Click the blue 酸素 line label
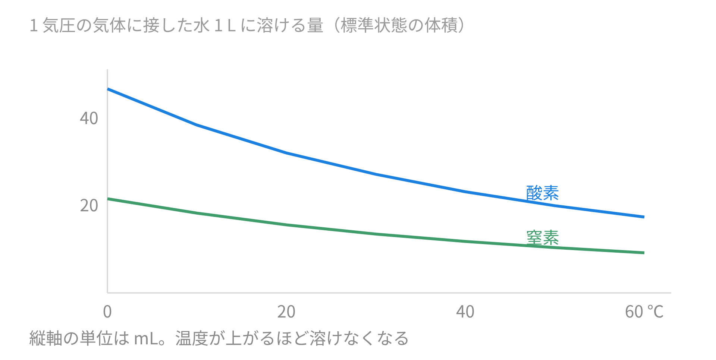(x=543, y=193)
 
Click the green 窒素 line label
(x=543, y=237)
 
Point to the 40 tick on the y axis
(x=89, y=119)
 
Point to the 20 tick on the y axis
(x=89, y=206)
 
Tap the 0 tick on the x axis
(x=107, y=312)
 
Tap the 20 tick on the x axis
(x=286, y=312)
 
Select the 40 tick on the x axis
(x=465, y=312)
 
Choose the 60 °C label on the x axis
(x=644, y=312)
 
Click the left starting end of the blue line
(x=108, y=89)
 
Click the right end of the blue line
(x=644, y=217)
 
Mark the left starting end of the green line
(x=108, y=199)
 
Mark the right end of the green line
(x=644, y=253)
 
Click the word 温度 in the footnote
(x=192, y=338)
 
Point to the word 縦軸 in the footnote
(x=46, y=338)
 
